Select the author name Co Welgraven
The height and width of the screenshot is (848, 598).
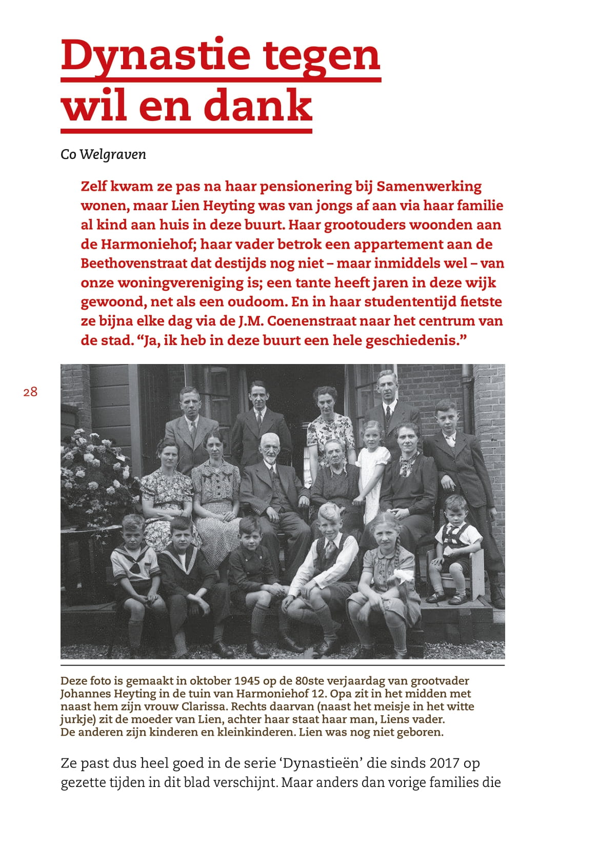tap(103, 154)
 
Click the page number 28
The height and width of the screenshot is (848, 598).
tap(30, 392)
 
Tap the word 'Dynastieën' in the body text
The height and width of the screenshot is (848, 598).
tap(321, 763)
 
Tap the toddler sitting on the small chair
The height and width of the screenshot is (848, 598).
tap(455, 543)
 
